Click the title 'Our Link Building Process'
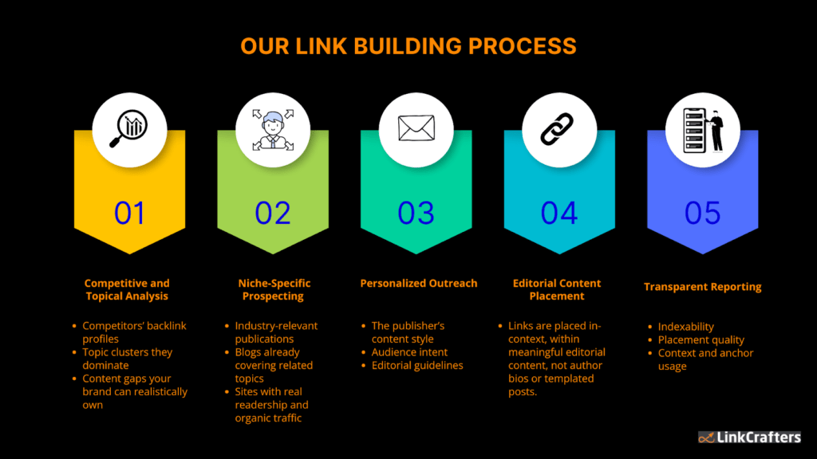pyautogui.click(x=408, y=46)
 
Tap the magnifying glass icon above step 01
pyautogui.click(x=129, y=128)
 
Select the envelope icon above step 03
pyautogui.click(x=416, y=128)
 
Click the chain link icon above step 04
pyautogui.click(x=559, y=128)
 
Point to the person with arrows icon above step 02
pyautogui.click(x=273, y=128)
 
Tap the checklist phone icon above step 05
pyautogui.click(x=703, y=128)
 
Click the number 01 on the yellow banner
pyautogui.click(x=129, y=213)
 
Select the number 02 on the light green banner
pyautogui.click(x=273, y=213)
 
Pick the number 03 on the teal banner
pyautogui.click(x=416, y=213)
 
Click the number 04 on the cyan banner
pyautogui.click(x=559, y=213)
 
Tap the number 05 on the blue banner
pyautogui.click(x=703, y=213)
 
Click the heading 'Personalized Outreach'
pyautogui.click(x=419, y=283)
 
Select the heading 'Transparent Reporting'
pyautogui.click(x=703, y=287)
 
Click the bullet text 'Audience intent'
pyautogui.click(x=409, y=352)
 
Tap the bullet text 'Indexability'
pyautogui.click(x=686, y=327)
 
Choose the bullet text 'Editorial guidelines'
pyautogui.click(x=417, y=366)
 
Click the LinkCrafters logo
pyautogui.click(x=749, y=437)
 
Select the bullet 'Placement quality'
pyautogui.click(x=701, y=340)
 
